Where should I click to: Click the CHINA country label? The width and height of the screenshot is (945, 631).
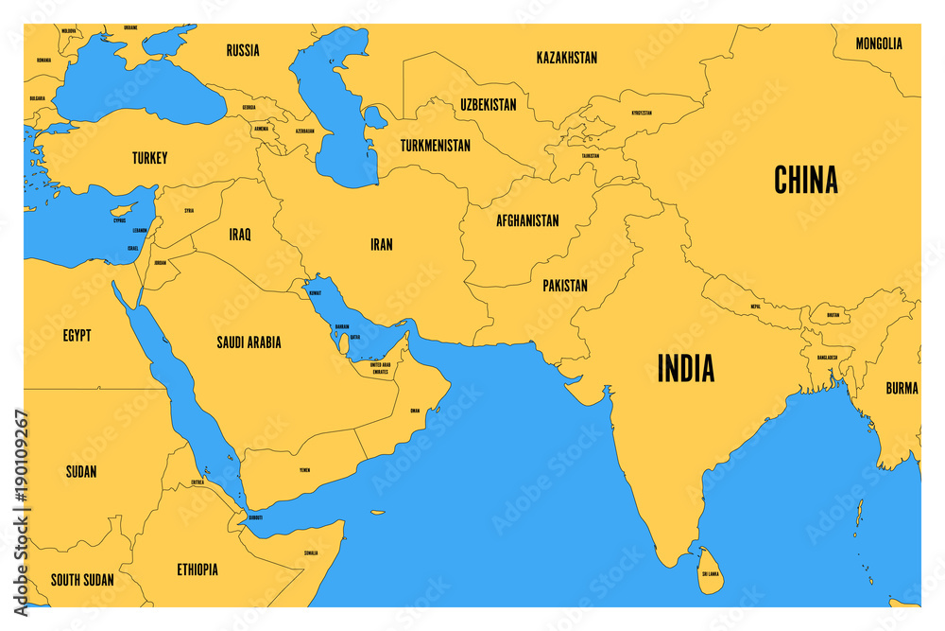(x=805, y=180)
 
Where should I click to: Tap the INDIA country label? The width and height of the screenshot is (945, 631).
(x=685, y=368)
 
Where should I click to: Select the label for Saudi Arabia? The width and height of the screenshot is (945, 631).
(x=249, y=342)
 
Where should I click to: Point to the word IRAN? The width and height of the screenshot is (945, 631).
(x=381, y=244)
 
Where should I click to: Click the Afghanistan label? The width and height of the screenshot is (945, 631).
(x=527, y=220)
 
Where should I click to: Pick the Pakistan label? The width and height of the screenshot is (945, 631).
(x=565, y=285)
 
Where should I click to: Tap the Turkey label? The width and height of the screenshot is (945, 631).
(x=149, y=158)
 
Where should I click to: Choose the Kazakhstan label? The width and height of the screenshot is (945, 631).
(x=566, y=58)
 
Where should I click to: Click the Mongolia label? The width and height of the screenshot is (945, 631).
(x=878, y=44)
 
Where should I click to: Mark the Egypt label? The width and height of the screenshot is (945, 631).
(x=77, y=335)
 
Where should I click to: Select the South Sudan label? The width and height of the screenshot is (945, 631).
(x=82, y=579)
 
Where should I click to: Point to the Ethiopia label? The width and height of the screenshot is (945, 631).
(x=197, y=570)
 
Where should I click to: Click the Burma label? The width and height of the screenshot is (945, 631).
(x=902, y=388)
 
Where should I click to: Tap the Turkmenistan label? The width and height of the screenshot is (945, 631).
(x=435, y=146)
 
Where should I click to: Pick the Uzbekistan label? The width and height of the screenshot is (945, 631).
(x=489, y=105)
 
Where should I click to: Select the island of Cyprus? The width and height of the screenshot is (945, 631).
(x=122, y=208)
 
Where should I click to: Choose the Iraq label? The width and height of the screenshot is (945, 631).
(x=239, y=234)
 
